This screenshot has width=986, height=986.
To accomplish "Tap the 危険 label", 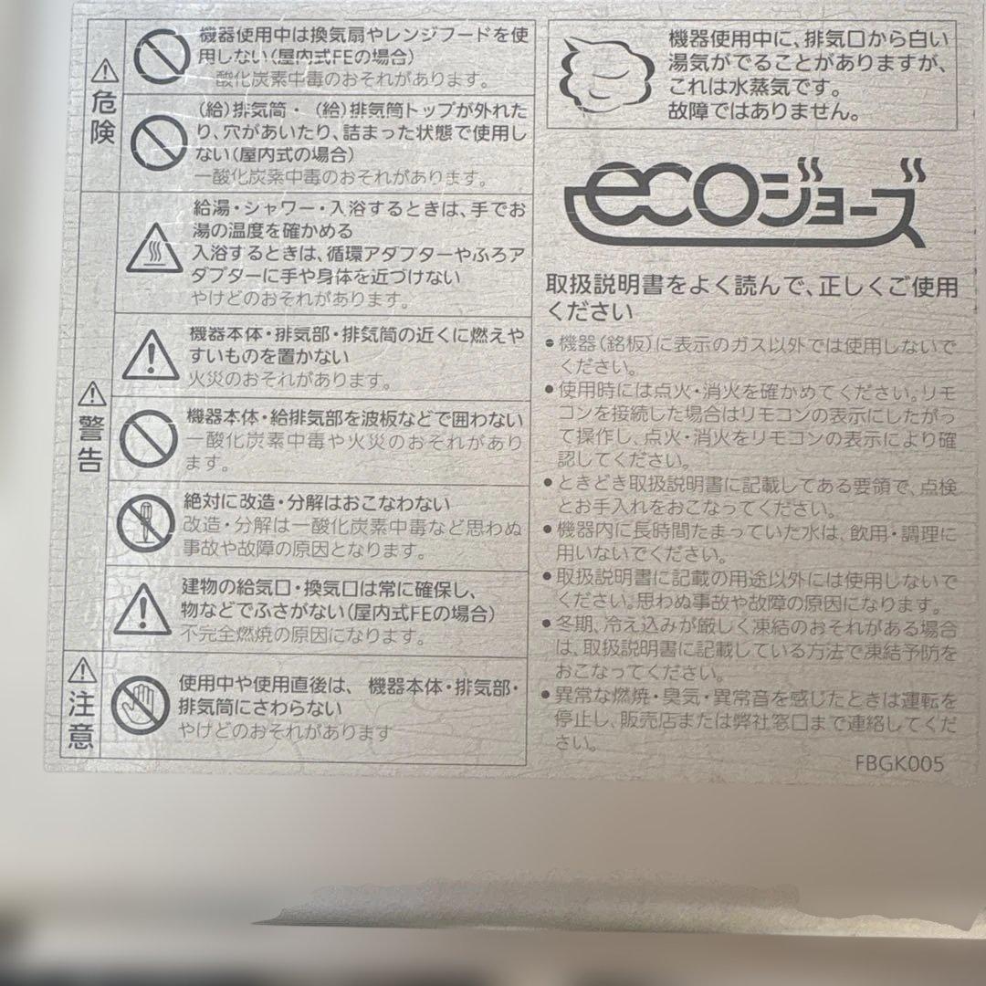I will click(104, 119).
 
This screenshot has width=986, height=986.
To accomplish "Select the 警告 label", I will click(90, 444).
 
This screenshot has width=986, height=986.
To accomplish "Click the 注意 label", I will click(81, 719).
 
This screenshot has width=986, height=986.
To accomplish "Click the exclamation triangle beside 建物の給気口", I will click(146, 606).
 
